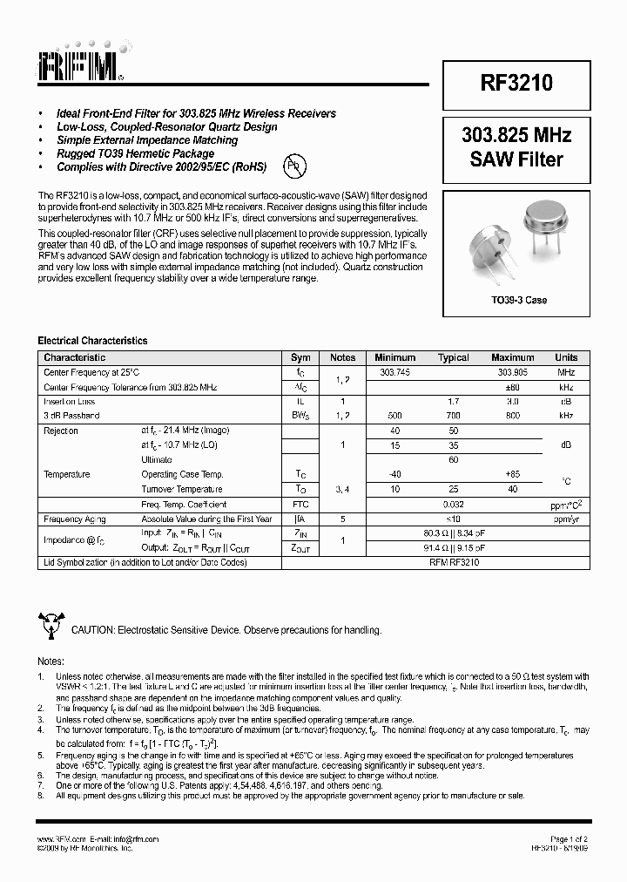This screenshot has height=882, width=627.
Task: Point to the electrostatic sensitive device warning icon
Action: (51, 625)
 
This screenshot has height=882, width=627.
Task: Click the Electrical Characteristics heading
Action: (92, 341)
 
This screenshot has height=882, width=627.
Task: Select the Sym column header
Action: (300, 357)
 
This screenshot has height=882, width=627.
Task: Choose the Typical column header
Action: (453, 357)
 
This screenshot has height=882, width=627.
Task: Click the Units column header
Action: (566, 357)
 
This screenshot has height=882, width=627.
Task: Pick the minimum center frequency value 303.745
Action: (395, 372)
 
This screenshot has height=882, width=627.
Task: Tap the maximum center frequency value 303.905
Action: (512, 372)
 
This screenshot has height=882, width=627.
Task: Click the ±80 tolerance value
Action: (512, 386)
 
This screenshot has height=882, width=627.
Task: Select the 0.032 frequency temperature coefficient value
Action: (453, 504)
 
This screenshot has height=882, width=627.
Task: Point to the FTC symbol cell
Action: (300, 504)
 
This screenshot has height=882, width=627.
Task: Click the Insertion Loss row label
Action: (70, 401)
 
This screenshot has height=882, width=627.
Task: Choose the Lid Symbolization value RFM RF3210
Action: (453, 562)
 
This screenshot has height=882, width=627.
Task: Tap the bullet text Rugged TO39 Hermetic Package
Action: (135, 153)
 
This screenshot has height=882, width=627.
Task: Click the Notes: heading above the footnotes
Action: (51, 661)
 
